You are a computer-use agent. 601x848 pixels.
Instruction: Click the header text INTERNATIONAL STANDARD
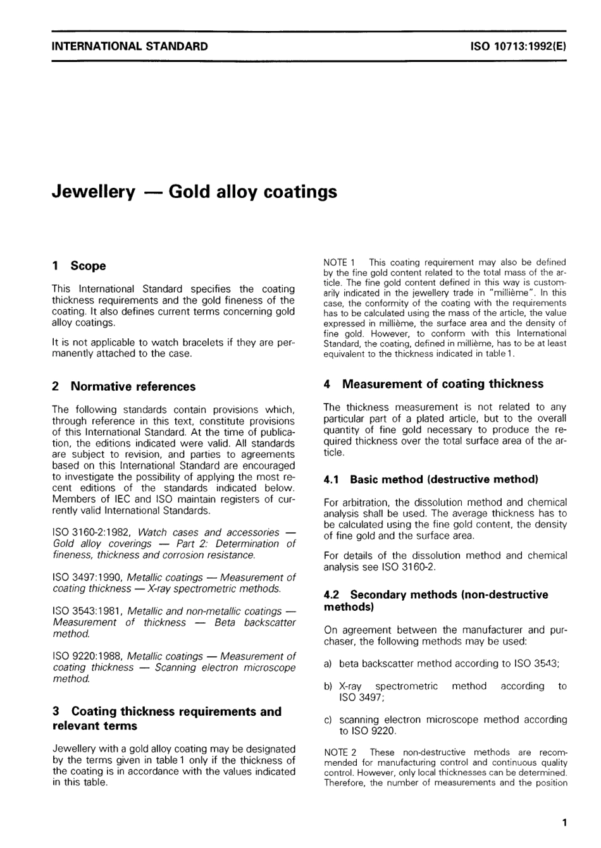[x=130, y=46]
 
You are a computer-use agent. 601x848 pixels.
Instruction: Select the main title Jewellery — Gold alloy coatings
[x=194, y=192]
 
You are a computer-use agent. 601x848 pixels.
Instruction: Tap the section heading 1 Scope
[x=79, y=266]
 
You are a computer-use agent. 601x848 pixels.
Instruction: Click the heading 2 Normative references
[x=124, y=386]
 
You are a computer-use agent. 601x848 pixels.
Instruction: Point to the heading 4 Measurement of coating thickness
[x=433, y=384]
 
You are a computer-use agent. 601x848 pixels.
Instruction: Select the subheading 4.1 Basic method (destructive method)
[x=430, y=480]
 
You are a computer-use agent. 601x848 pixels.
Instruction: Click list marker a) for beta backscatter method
[x=328, y=664]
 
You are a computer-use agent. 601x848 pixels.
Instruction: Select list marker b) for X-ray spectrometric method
[x=328, y=686]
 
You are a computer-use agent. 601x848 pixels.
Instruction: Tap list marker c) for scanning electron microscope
[x=328, y=720]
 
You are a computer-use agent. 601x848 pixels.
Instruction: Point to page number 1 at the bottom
[x=564, y=823]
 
